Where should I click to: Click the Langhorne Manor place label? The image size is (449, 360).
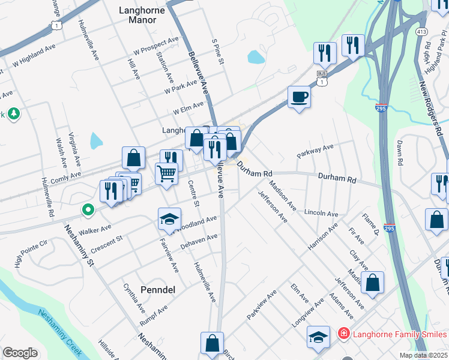pos(142,14)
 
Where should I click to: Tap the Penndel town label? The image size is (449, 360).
pos(157,290)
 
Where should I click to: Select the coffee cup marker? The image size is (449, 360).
pos(299,97)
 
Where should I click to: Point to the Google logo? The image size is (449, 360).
pos(20,352)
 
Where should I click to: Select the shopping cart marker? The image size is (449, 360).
pos(167,174)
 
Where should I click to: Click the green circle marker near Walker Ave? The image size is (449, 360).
pos(88,210)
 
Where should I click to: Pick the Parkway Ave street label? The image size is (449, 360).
pos(315,151)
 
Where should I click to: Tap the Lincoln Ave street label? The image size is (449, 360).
pos(321,213)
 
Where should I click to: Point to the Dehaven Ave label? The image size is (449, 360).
pos(199,243)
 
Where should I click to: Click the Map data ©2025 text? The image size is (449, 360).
pos(415,355)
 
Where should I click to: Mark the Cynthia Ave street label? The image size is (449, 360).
pos(133,299)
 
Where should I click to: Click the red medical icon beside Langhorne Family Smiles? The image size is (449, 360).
pos(343,333)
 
